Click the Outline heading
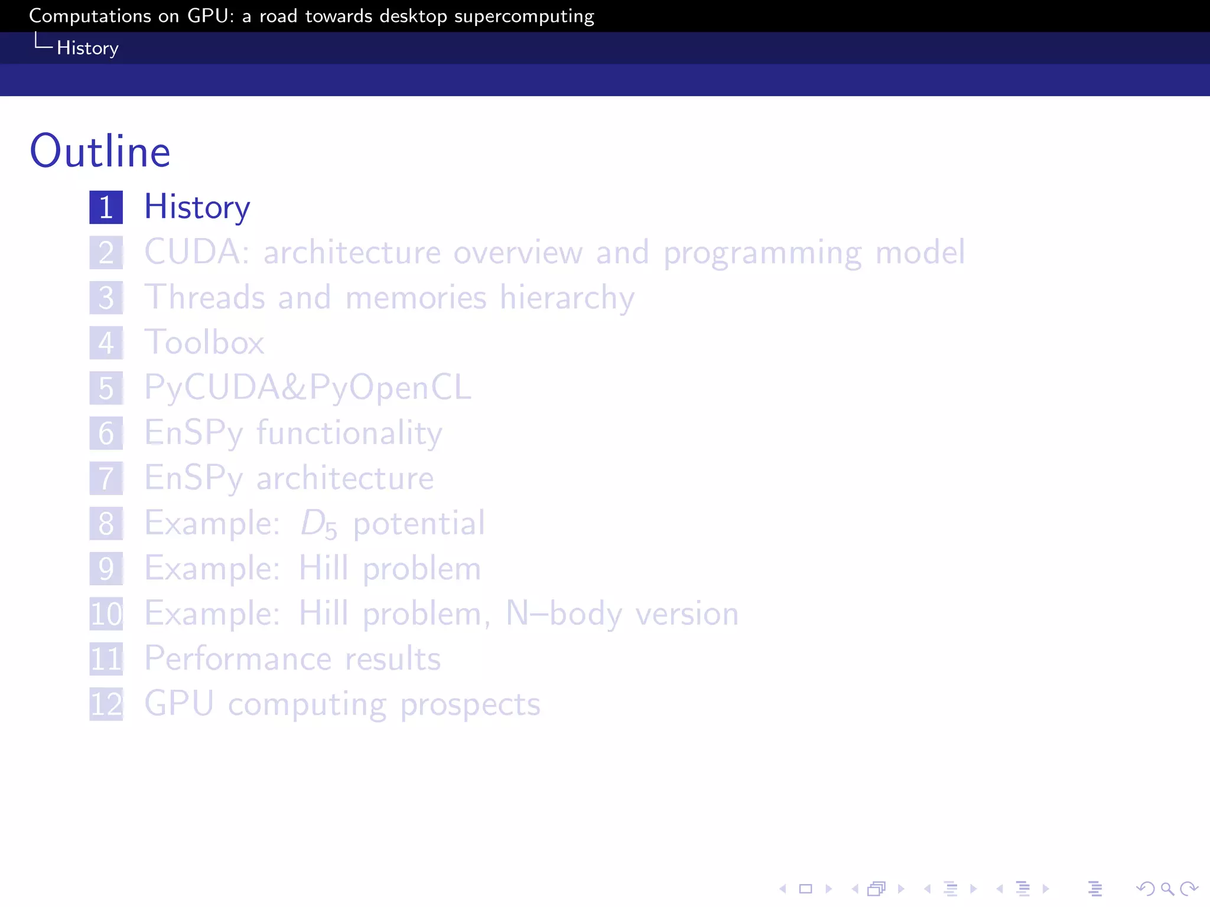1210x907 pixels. click(x=100, y=151)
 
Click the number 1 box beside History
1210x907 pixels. click(x=106, y=207)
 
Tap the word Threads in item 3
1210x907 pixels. click(x=204, y=297)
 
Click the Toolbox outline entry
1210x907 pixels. click(x=204, y=342)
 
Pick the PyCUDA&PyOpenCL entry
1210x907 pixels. click(x=308, y=388)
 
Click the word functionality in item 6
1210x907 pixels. click(x=349, y=433)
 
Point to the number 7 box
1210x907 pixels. click(x=106, y=478)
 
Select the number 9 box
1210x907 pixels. click(x=106, y=569)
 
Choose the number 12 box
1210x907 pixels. click(x=106, y=704)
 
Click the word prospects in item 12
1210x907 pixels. click(x=470, y=704)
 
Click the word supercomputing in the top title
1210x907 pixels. click(x=524, y=17)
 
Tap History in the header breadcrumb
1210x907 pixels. click(x=87, y=48)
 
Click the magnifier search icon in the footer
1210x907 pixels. click(x=1167, y=889)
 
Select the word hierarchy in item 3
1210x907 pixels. click(x=567, y=297)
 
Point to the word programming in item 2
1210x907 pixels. click(x=762, y=253)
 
